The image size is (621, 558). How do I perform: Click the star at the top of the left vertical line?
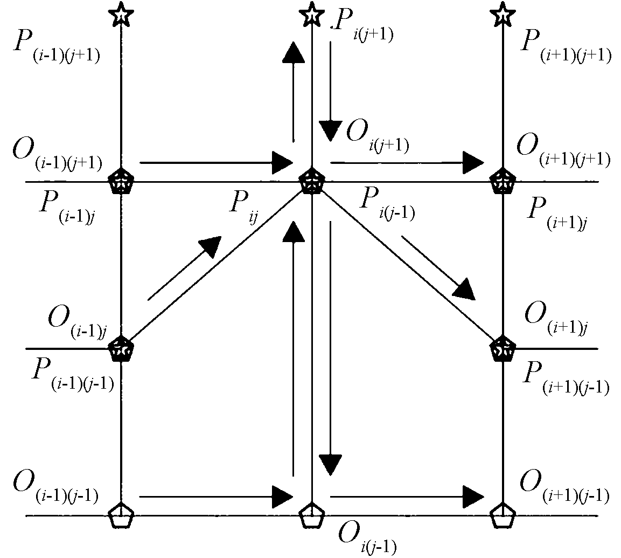coord(121,15)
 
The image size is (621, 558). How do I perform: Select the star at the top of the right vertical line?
coord(502,15)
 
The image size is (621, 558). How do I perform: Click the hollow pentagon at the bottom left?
coord(121,515)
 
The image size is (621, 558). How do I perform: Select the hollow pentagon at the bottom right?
coord(502,515)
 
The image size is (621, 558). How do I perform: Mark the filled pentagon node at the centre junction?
coord(311,181)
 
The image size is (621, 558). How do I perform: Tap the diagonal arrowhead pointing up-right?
coord(211,246)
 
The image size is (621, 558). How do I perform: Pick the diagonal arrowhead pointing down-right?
coord(464,289)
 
